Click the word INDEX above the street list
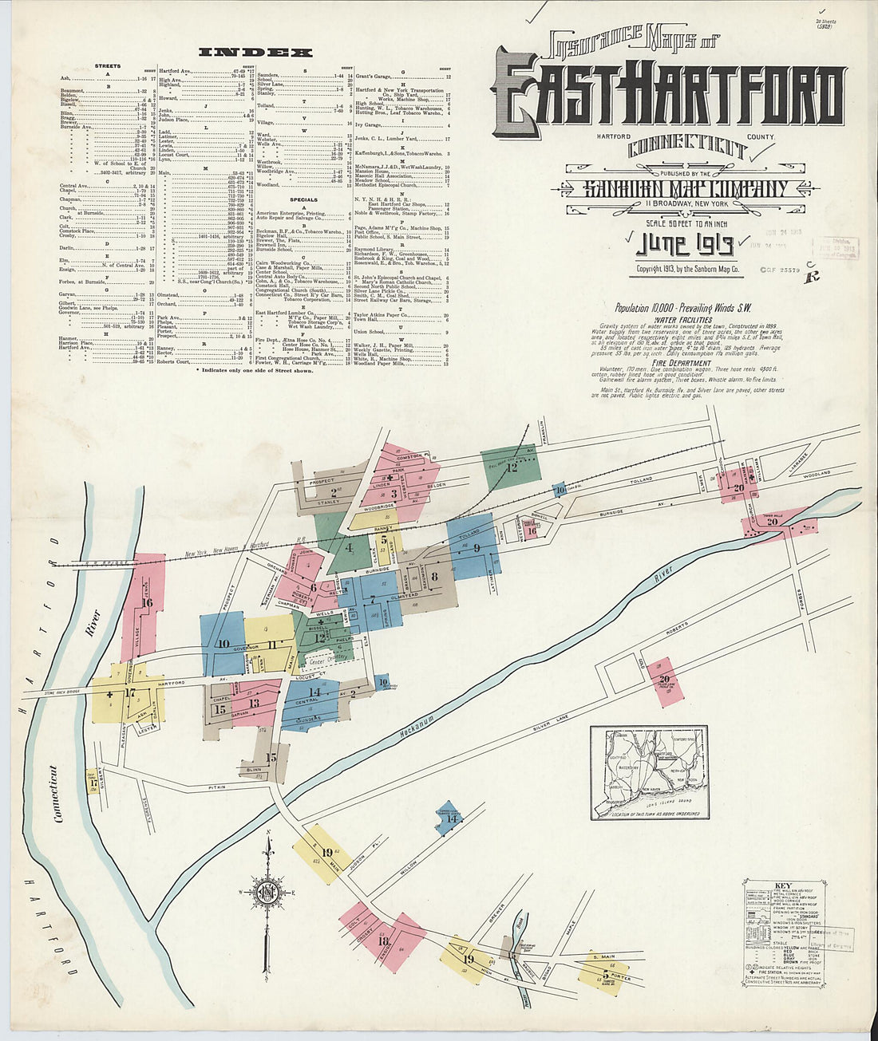tap(255, 53)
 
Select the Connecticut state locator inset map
tap(648, 772)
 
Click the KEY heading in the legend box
tap(783, 885)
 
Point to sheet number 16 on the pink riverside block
tap(147, 603)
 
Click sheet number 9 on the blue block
tap(477, 548)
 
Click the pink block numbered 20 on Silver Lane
tap(664, 680)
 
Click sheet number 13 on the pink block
tap(254, 703)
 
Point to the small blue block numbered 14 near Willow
tap(452, 818)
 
